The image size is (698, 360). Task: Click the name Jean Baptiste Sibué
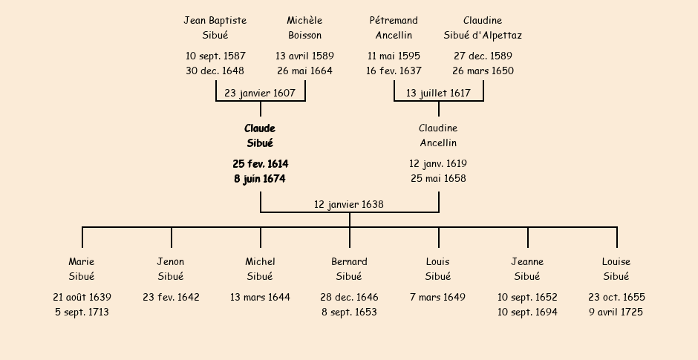pos(215,27)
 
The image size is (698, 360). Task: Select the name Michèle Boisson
pos(304,27)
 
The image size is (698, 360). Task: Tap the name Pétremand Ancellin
pos(394,27)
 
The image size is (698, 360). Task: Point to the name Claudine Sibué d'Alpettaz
pos(483,27)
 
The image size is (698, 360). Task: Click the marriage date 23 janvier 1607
pos(260,94)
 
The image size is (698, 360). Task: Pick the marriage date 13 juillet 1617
pos(438,94)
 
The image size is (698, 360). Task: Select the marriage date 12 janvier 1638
pos(349,204)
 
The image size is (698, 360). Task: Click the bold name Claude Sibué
pos(260,136)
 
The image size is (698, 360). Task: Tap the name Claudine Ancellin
pos(438,136)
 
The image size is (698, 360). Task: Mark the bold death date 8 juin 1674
pos(260,179)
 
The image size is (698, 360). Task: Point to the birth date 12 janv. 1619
pos(438,163)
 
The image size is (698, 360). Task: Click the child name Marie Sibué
pos(82,269)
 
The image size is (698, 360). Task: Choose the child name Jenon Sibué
pos(171,269)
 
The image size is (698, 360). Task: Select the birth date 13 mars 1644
pos(260,298)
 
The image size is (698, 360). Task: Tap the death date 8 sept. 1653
pos(349,312)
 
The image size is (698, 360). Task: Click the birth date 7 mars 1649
pos(438,298)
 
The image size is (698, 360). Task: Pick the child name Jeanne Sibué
pos(527,269)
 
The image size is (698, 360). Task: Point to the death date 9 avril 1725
pos(616,312)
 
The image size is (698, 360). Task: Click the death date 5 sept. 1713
pos(82,312)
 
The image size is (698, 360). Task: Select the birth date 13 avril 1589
pos(304,56)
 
